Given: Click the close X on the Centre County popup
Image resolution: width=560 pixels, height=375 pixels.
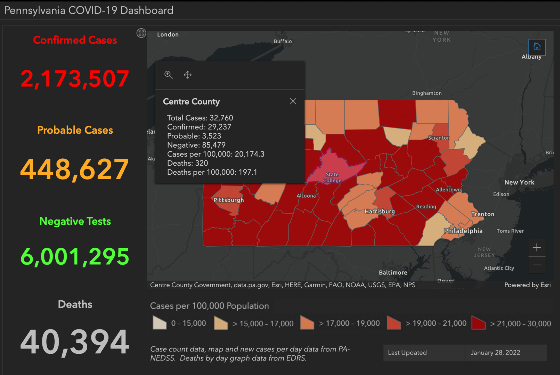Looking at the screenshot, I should click(x=293, y=101).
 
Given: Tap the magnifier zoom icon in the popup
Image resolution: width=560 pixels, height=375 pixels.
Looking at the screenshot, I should click(x=169, y=75).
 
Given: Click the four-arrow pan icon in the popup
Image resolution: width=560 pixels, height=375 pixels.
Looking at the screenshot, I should click(x=188, y=75).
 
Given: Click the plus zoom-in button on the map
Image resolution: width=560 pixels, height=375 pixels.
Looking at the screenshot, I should click(x=537, y=248).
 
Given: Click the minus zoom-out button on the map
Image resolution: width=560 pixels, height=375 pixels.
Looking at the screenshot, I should click(x=537, y=265).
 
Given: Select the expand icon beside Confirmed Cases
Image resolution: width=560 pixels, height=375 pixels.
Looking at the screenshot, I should click(x=141, y=33).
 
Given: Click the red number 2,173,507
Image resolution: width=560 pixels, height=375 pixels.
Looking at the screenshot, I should click(x=75, y=78).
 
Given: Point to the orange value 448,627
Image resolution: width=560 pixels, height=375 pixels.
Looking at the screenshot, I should click(x=75, y=169).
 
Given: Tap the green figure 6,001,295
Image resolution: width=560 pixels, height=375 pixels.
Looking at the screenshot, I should click(x=75, y=257).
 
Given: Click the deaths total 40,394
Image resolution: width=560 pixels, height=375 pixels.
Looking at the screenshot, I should click(x=75, y=342).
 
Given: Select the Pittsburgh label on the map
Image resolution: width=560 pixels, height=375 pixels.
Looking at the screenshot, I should click(x=228, y=200).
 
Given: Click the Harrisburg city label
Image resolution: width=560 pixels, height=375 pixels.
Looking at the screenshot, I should click(x=380, y=211).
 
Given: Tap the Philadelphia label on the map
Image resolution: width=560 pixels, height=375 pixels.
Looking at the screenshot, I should click(x=463, y=231).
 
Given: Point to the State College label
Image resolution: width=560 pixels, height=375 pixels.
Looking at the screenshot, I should click(x=332, y=177).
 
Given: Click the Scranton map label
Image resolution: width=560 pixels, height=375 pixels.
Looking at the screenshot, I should click(x=439, y=138).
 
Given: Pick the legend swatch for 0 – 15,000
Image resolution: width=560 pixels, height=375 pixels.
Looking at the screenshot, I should click(x=160, y=323).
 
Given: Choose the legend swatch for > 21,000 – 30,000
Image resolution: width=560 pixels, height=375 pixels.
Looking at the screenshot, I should click(x=478, y=323).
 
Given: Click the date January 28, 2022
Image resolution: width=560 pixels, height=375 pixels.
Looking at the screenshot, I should click(x=495, y=353).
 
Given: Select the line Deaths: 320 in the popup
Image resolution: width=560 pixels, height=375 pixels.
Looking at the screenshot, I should click(x=187, y=163).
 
